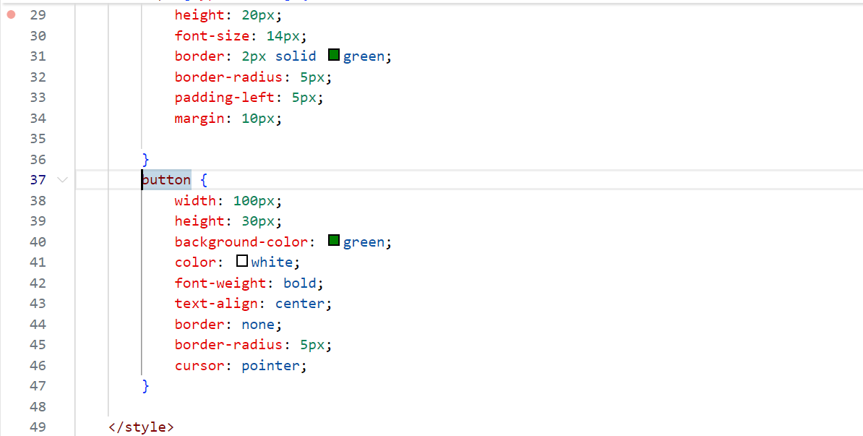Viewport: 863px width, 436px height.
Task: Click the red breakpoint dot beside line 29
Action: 11,14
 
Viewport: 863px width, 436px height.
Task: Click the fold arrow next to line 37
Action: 62,179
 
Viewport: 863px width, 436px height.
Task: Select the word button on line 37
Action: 167,179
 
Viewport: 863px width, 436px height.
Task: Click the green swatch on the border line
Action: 334,55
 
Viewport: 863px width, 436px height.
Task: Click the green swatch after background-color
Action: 334,241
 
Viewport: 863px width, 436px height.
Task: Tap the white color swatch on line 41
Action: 242,261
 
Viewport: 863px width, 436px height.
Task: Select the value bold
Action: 299,283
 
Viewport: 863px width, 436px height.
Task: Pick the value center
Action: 299,303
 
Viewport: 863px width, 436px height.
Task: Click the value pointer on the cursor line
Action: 270,365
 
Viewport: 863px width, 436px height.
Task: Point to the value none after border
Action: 258,324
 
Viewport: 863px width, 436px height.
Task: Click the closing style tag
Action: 141,427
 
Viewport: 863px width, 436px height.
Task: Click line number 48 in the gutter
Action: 38,406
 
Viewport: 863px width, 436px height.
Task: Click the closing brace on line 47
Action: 145,385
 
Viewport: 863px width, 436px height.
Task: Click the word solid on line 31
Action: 296,56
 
